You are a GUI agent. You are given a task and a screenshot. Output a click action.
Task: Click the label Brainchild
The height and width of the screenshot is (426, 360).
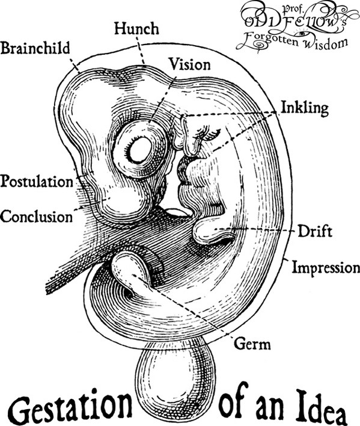click(x=35, y=48)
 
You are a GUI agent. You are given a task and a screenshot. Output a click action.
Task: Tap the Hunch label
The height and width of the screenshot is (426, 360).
click(x=136, y=29)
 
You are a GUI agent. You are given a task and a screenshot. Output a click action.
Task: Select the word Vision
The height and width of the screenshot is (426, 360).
click(x=190, y=65)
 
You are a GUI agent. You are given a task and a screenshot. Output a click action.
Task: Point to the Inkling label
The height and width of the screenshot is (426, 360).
click(x=304, y=108)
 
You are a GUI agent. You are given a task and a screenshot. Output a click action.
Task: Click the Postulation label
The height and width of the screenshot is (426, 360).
click(x=37, y=181)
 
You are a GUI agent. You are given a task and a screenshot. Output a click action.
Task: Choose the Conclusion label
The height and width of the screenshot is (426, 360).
click(x=36, y=217)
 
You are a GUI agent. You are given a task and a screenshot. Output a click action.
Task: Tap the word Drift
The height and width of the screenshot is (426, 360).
click(x=315, y=232)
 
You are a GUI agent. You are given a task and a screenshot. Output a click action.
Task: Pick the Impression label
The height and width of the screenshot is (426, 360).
click(x=326, y=268)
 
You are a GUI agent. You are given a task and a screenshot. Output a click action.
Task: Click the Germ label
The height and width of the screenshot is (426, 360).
click(x=252, y=344)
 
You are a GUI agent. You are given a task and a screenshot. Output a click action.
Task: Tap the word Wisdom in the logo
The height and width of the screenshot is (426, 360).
click(x=325, y=42)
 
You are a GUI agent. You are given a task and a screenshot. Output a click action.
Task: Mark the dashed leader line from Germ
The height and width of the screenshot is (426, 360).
click(x=182, y=306)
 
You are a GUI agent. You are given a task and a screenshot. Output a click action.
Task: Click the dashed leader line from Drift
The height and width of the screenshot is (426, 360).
click(x=254, y=230)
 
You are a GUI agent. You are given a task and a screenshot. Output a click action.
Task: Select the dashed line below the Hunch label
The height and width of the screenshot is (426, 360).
click(x=140, y=51)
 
